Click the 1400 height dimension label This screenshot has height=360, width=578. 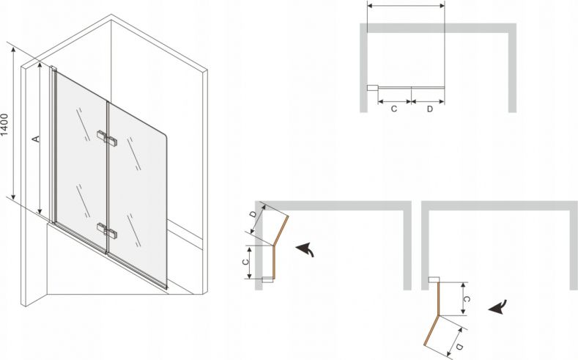tap(4, 125)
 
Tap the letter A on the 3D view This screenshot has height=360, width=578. tap(36, 139)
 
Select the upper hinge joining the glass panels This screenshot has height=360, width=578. tap(108, 138)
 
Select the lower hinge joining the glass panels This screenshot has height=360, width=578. tap(108, 230)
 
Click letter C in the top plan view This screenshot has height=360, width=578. tap(393, 109)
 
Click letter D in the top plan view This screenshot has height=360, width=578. tap(430, 109)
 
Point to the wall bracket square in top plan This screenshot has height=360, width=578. tap(372, 88)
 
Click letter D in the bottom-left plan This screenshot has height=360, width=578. tap(253, 214)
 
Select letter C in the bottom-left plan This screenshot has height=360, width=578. tap(245, 262)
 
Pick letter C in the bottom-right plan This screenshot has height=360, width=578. tap(467, 299)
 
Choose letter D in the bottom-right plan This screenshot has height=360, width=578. tap(459, 347)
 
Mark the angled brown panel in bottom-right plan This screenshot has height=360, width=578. tap(431, 331)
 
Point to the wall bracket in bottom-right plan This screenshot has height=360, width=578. tap(434, 279)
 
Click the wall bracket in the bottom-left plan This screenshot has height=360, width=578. tap(267, 279)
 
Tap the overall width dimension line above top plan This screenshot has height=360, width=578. tap(406, 6)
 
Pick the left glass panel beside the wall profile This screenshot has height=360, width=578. tap(81, 162)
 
